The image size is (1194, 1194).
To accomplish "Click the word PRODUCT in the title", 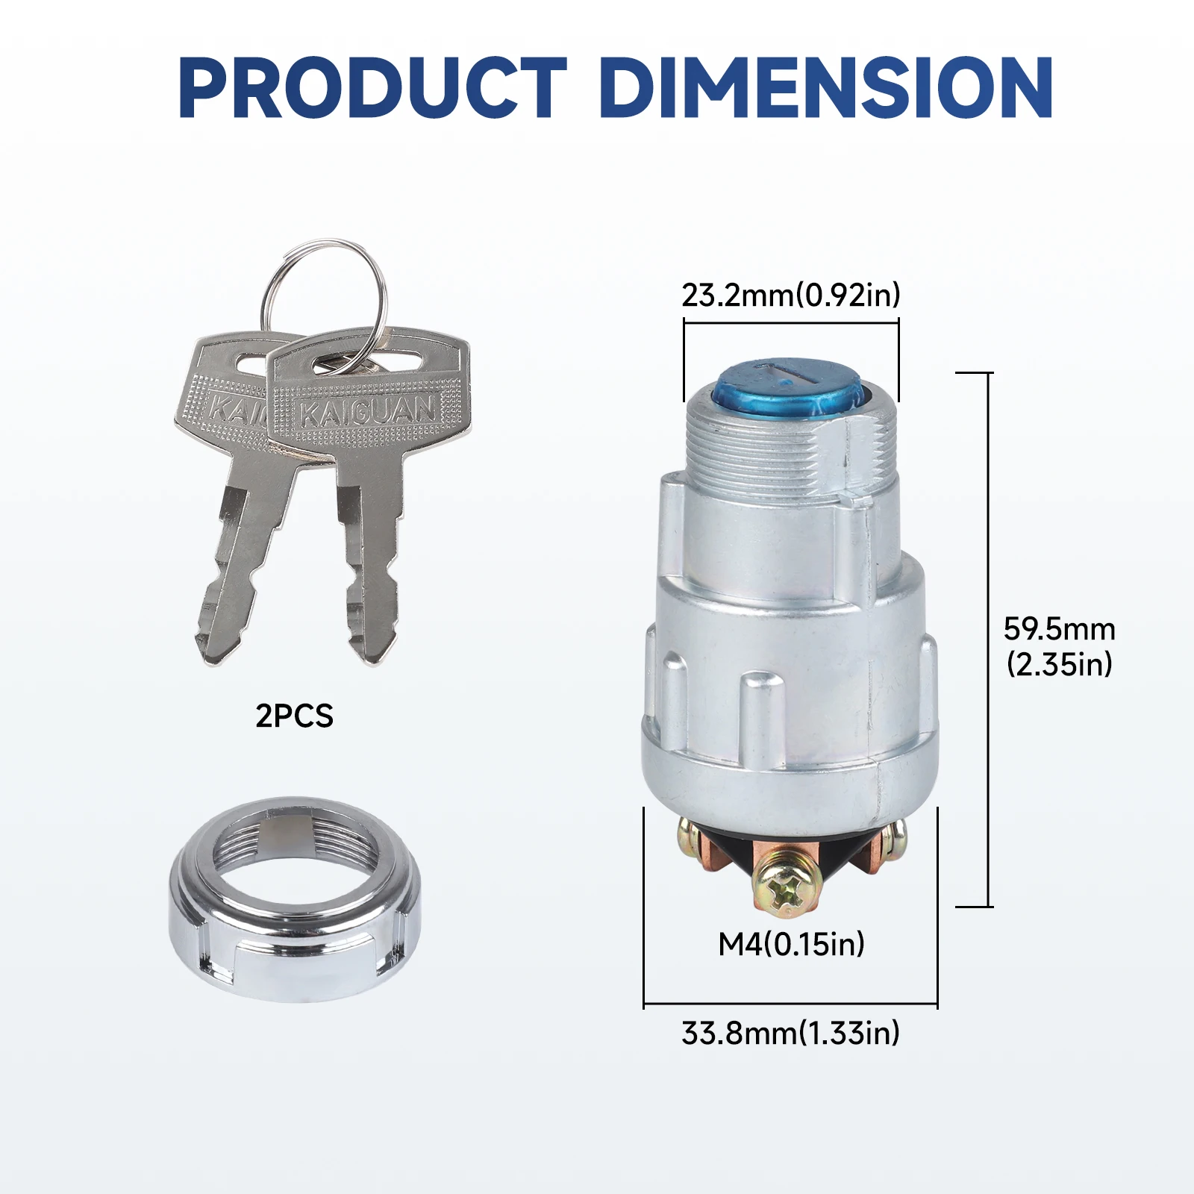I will pos(373,87).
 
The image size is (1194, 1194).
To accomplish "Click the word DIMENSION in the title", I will pos(825,87).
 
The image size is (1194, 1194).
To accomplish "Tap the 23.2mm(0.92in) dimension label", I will pos(790,296).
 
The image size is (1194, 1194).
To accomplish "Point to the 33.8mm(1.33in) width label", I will pos(790,1034).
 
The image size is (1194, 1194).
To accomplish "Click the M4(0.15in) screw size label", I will pos(791,945).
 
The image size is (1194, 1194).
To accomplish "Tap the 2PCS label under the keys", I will pos(294,716).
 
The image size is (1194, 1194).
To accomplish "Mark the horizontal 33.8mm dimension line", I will pos(790,1004).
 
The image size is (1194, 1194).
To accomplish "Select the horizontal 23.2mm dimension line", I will pos(791,323).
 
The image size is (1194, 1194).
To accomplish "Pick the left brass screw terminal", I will pos(690,840).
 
